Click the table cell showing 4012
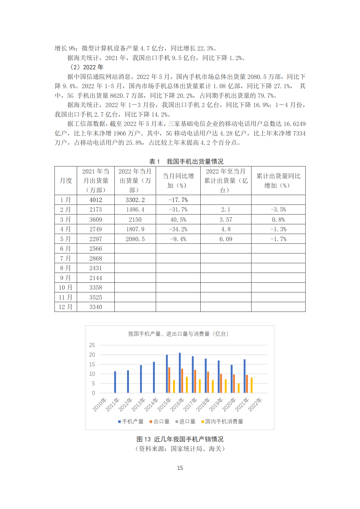point(96,200)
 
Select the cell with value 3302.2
point(135,200)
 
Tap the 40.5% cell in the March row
point(178,220)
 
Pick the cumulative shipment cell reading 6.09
point(226,239)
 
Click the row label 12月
point(66,307)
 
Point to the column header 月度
point(66,181)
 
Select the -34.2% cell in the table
point(178,229)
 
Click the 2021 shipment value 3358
point(96,288)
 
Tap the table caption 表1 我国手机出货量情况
point(186,161)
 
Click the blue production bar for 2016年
point(180,373)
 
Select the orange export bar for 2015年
point(169,380)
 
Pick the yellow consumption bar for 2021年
point(252,385)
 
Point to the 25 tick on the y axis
point(92,345)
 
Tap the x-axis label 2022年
point(255,404)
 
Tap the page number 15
point(180,468)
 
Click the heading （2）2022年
point(87,67)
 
